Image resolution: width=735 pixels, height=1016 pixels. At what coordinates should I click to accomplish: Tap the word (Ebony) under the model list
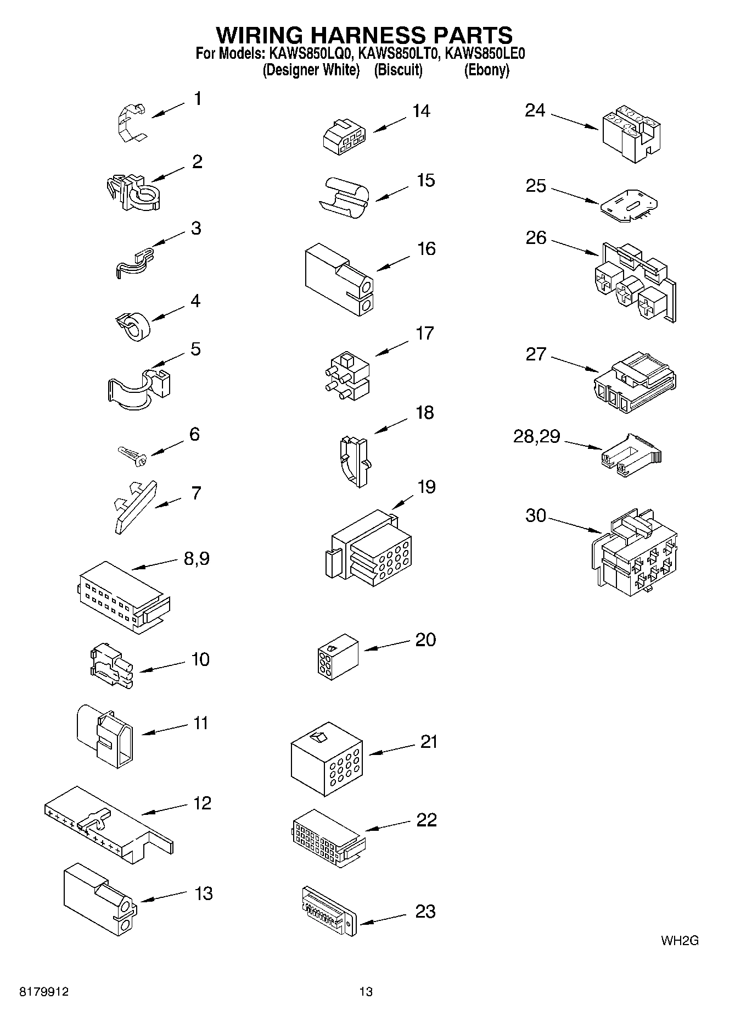point(486,70)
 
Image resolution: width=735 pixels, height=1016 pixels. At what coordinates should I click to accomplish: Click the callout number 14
point(421,112)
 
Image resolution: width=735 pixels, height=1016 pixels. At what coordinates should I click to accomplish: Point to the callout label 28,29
point(536,437)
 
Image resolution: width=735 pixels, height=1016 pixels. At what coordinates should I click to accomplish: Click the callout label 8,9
point(197,559)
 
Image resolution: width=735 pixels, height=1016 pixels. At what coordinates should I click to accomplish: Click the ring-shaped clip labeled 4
point(134,325)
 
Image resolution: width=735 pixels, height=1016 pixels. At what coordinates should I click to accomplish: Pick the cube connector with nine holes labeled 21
point(327,759)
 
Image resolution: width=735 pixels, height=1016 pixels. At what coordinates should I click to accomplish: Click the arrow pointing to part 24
point(574,122)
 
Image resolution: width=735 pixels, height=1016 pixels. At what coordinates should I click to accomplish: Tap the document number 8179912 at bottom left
point(44,992)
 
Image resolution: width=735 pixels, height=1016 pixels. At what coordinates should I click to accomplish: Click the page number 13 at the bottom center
point(366,992)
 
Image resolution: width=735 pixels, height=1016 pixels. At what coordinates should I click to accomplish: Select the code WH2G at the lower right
point(680,941)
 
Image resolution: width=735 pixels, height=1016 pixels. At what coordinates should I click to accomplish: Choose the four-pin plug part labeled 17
point(347,375)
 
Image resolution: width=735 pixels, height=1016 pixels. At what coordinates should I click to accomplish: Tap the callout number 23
point(425,912)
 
